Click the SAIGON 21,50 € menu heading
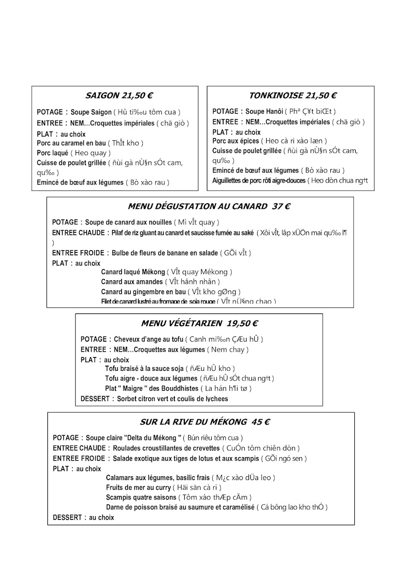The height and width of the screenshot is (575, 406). click(x=115, y=96)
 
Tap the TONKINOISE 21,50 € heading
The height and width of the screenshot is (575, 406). click(x=293, y=96)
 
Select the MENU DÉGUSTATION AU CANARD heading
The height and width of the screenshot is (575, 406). click(x=209, y=207)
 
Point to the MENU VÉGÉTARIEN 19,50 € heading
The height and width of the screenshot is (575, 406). click(x=200, y=323)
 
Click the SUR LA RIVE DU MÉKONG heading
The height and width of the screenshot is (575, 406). click(x=204, y=422)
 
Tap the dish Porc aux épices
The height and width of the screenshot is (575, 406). click(x=236, y=141)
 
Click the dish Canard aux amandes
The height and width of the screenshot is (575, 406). click(x=132, y=282)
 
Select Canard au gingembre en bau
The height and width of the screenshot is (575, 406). click(x=143, y=292)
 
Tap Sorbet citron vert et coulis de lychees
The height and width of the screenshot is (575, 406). click(x=172, y=399)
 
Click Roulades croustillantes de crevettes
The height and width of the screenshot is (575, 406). click(x=166, y=448)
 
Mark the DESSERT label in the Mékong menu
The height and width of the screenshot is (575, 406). click(x=68, y=517)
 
